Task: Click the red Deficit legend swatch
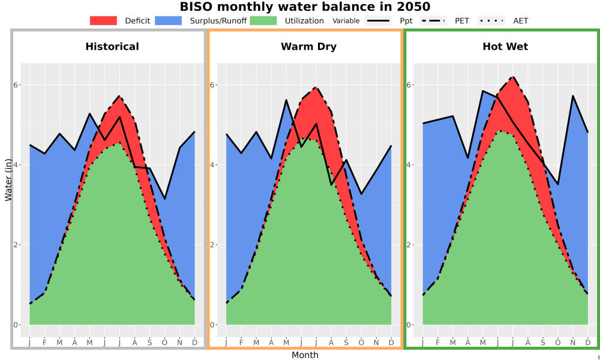coord(103,20)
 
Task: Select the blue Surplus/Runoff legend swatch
coord(169,20)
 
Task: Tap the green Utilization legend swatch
coord(263,20)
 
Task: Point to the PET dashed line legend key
coord(433,20)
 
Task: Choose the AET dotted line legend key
coord(491,20)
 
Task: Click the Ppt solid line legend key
coord(378,20)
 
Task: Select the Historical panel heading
coord(112,47)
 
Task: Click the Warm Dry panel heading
coord(309,47)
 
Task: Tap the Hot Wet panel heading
coord(505,47)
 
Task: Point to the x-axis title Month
coord(305,355)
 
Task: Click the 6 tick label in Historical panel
coord(16,85)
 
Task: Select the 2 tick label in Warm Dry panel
coord(212,245)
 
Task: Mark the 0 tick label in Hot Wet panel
coord(408,325)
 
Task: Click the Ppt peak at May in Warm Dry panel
coord(286,100)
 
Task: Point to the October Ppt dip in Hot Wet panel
coord(558,184)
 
